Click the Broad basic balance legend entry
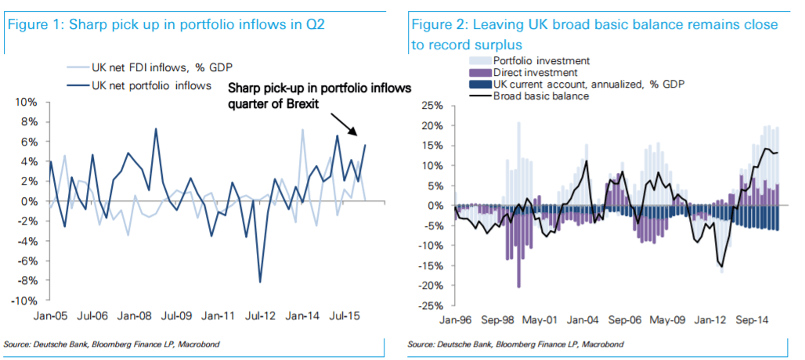(x=540, y=96)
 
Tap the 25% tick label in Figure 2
(x=432, y=106)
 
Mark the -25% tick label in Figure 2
(x=431, y=306)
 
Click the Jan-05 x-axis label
(x=50, y=319)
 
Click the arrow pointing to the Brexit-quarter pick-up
(x=345, y=123)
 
